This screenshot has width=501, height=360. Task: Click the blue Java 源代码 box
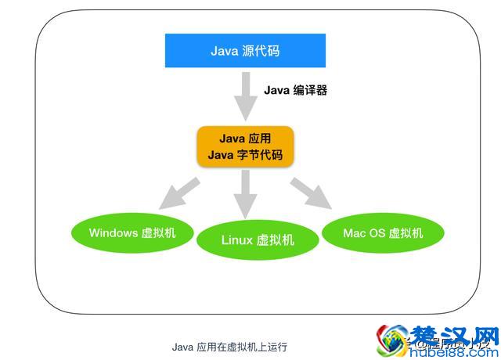(244, 51)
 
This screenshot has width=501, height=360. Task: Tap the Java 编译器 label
(294, 90)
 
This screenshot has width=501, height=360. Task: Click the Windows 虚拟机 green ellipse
(132, 232)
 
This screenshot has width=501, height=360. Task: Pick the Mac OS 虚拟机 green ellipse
(383, 232)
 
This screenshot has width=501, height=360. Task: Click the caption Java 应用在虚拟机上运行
(229, 344)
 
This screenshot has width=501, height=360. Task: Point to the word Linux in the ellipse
(237, 239)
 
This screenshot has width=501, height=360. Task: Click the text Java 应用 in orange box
(244, 139)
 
